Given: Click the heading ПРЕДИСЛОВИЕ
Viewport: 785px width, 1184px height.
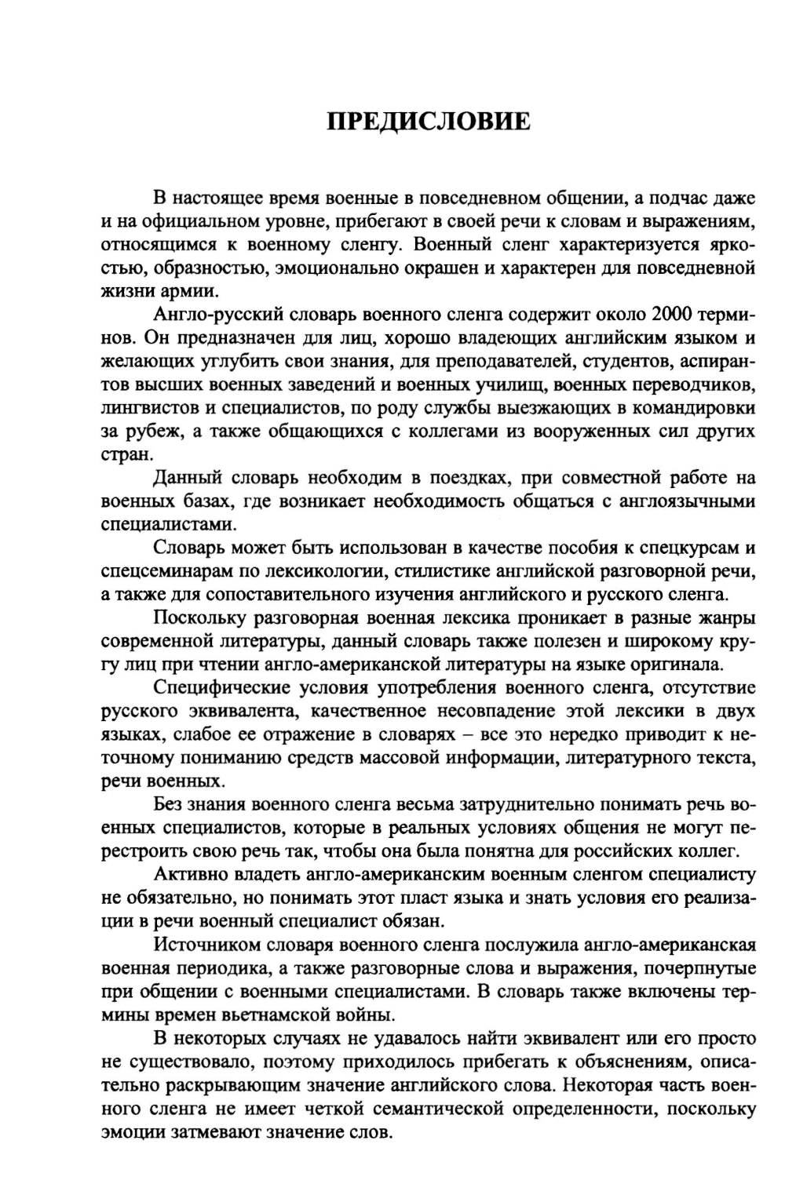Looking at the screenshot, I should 429,122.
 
